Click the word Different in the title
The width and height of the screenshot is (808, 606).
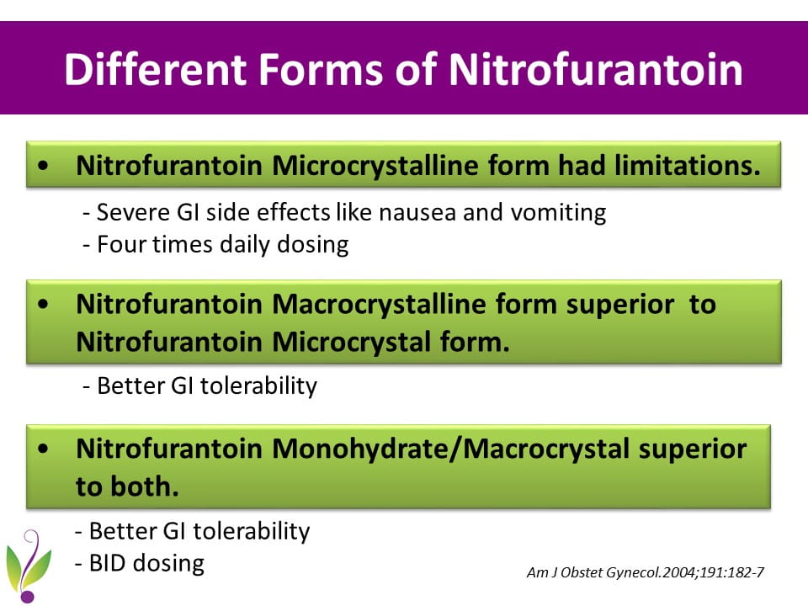(x=155, y=69)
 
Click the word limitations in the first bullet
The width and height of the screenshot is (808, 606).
(x=688, y=165)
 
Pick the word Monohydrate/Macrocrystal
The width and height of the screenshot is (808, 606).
(x=450, y=449)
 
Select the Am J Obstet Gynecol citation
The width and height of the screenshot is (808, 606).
(x=646, y=572)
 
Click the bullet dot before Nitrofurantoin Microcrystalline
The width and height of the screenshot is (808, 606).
(x=43, y=166)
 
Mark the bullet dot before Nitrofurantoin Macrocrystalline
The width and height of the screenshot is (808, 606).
(x=43, y=304)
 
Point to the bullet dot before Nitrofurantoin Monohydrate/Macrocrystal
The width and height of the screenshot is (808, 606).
(x=43, y=449)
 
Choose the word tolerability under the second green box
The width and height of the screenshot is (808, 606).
(x=258, y=386)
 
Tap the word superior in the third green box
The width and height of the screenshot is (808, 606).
(x=693, y=449)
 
